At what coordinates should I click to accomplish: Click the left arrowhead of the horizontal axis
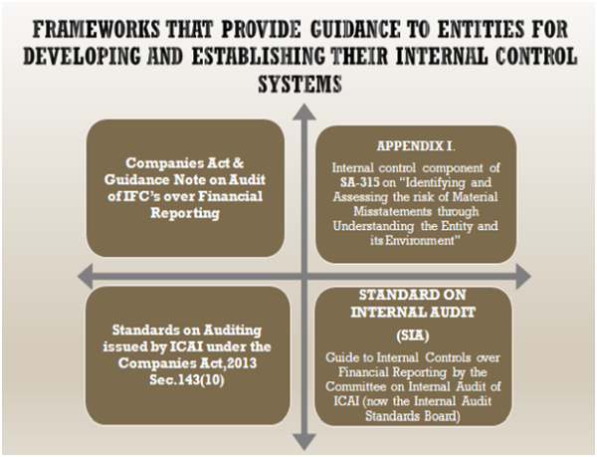[x=72, y=273]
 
